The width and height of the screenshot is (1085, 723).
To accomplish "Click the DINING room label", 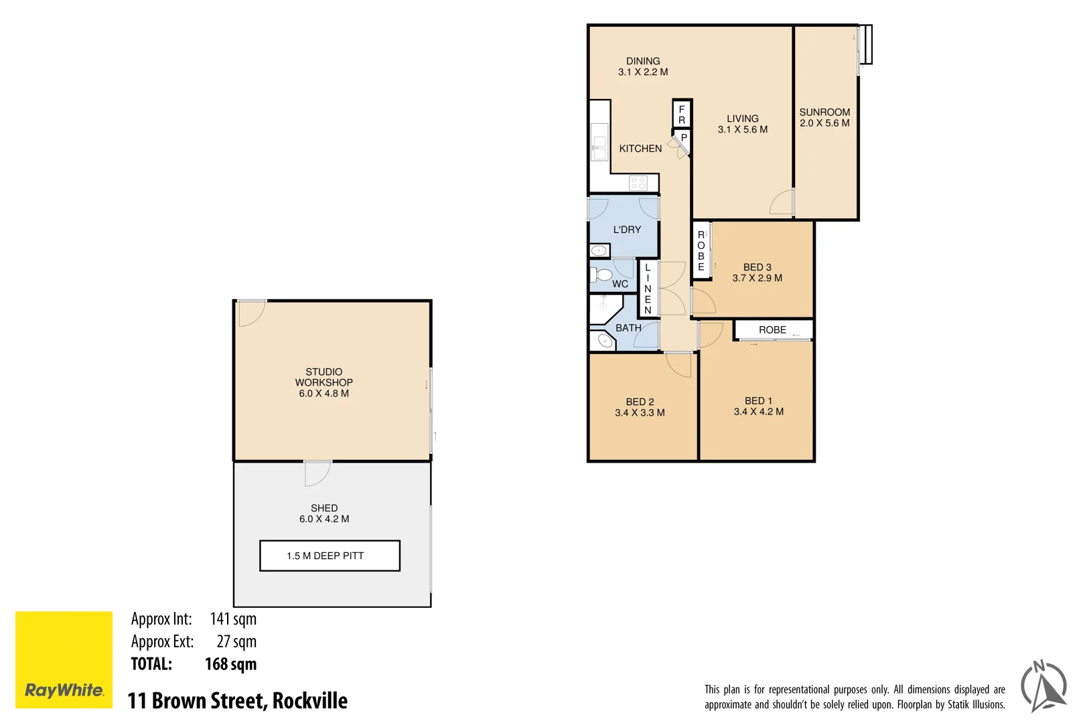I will point(642,61).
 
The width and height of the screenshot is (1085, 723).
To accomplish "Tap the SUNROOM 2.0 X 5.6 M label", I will point(824,118).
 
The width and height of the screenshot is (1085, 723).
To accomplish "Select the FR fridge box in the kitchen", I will point(682,114).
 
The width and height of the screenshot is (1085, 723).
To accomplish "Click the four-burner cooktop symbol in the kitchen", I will point(638,183).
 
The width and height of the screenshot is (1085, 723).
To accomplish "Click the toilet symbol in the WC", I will point(602,274).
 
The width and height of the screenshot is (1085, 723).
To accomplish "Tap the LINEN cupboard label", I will point(648,289).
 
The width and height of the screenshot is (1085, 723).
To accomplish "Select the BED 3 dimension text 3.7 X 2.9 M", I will point(757,278).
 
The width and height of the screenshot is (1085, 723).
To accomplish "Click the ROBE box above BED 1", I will point(773,329).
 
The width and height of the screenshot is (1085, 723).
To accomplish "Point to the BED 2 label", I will point(640,402).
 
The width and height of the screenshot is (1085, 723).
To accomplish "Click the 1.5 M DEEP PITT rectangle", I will point(330,556).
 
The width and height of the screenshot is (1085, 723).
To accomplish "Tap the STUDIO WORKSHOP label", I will point(324,377).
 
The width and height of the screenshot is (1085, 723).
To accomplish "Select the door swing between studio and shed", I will point(317,473).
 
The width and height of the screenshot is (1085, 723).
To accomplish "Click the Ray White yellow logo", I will point(64,659).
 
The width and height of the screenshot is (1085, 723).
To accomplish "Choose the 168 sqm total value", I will point(230,664).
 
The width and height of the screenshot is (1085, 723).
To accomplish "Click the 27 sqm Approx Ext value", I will point(236,641).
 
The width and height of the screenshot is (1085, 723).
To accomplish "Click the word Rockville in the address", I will point(310,701).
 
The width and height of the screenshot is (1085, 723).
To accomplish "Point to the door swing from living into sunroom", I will point(782,203).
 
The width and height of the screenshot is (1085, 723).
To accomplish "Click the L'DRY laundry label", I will point(627,230).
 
